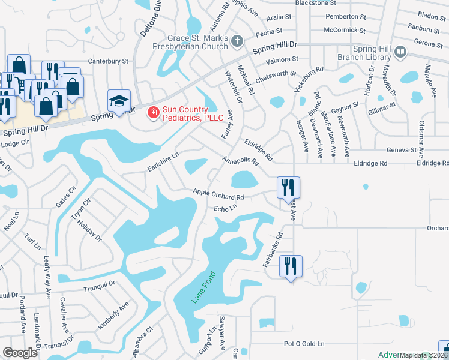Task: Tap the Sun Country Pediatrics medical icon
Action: pos(153,112)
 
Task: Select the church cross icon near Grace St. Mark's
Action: pos(237,41)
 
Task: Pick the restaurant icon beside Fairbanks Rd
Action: pos(291,266)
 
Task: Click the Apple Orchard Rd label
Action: pos(218,194)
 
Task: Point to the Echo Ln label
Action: pos(226,208)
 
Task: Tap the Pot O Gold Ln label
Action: pos(304,344)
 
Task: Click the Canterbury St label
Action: pos(109,61)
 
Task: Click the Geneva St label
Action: pos(402,149)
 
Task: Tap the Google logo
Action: pos(20,352)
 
